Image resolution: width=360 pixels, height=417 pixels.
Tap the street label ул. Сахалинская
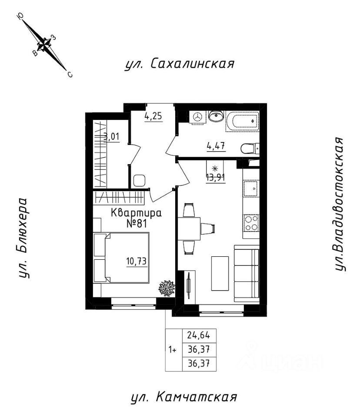180,64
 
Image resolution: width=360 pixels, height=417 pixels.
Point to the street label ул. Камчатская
184,397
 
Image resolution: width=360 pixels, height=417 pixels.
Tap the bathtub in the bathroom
242,122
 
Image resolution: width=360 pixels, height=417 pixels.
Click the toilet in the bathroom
250,149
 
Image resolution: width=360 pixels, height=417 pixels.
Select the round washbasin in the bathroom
215,116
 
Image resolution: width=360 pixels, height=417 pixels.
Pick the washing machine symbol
197,117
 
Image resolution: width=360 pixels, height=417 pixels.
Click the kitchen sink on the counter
251,188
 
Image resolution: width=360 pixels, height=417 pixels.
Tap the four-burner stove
251,223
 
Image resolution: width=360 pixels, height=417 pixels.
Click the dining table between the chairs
189,229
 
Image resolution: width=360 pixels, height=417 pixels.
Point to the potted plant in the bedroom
167,287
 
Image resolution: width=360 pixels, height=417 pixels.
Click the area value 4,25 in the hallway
153,116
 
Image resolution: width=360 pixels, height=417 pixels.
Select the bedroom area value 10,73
137,261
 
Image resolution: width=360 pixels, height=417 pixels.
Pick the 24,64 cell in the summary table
199,335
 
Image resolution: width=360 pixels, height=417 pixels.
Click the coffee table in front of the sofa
220,273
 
